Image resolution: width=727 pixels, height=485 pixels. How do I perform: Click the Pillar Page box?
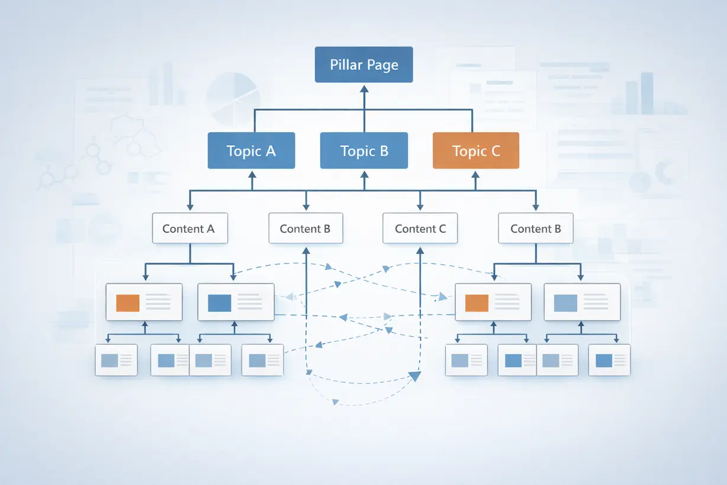click(x=364, y=65)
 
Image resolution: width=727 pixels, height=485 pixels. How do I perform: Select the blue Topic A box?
click(x=251, y=150)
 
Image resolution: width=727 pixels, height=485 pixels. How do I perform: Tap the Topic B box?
click(x=364, y=150)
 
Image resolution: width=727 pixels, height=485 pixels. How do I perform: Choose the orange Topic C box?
click(x=476, y=150)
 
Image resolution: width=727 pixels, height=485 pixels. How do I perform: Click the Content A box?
click(x=190, y=228)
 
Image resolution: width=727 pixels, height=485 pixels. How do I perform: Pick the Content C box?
click(x=420, y=228)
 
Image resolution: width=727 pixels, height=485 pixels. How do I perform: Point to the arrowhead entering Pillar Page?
click(x=364, y=89)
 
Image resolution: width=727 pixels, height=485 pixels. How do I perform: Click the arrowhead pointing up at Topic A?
click(x=252, y=175)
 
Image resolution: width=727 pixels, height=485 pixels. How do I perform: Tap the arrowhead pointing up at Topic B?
click(x=365, y=175)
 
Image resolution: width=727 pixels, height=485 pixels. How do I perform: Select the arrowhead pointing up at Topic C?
click(x=475, y=175)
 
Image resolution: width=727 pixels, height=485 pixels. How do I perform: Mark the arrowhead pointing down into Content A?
click(x=190, y=207)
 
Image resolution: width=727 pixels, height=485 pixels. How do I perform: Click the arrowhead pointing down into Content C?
click(x=420, y=207)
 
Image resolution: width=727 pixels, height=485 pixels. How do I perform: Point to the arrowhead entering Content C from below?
click(x=420, y=250)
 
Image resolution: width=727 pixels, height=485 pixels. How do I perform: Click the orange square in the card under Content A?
click(x=128, y=303)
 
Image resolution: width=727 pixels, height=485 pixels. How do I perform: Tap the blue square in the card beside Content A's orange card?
click(x=220, y=303)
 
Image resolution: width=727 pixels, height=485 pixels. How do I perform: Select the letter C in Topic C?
click(x=496, y=151)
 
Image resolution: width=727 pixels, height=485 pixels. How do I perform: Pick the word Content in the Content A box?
click(x=183, y=229)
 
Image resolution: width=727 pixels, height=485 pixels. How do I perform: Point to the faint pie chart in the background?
click(x=233, y=99)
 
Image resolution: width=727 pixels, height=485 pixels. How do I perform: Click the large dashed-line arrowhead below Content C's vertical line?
click(x=415, y=376)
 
